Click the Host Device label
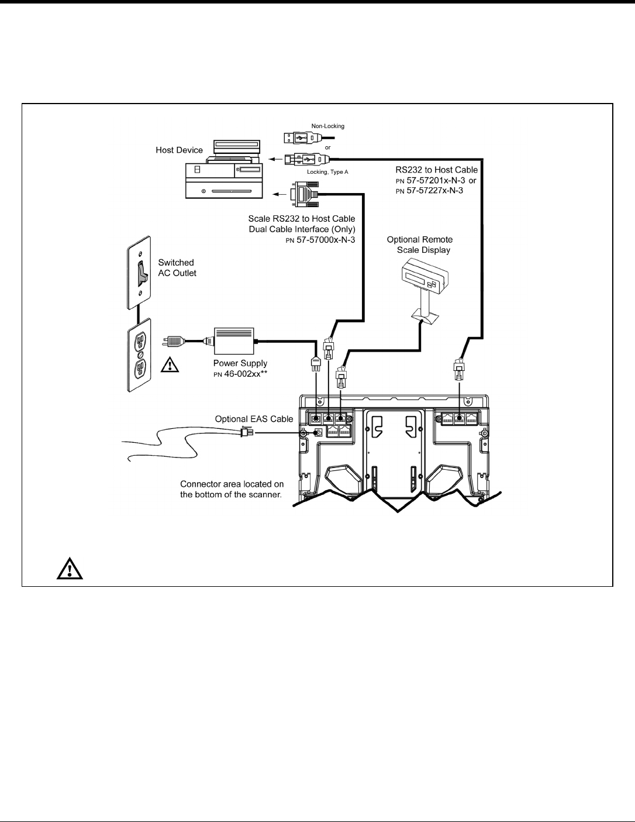(179, 150)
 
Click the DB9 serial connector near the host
(301, 193)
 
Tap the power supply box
(234, 341)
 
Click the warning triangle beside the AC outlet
(169, 366)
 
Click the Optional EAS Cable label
(254, 419)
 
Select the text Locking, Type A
(327, 173)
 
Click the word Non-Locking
(327, 126)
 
